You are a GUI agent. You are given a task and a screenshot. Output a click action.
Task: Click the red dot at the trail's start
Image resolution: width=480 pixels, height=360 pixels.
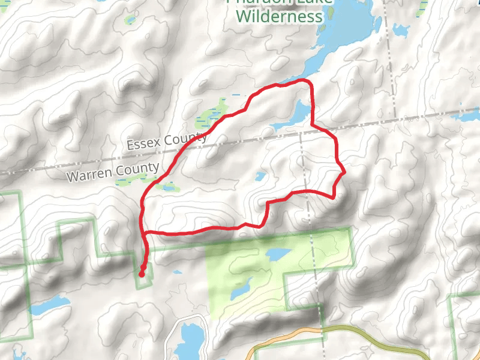point(142,274)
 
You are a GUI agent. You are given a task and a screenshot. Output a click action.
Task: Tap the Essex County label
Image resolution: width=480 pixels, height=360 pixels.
point(167,142)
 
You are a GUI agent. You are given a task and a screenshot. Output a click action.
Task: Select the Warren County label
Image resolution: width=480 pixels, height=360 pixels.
point(113,172)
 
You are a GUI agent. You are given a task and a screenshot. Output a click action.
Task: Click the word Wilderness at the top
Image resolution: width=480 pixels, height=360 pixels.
point(280,16)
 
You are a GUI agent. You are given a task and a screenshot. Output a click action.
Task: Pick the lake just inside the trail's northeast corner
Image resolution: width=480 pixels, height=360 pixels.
point(297,115)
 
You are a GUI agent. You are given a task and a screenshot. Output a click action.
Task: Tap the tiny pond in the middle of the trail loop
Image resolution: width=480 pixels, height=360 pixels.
point(260,177)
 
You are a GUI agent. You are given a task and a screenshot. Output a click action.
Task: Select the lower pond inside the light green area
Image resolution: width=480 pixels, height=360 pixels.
point(239,290)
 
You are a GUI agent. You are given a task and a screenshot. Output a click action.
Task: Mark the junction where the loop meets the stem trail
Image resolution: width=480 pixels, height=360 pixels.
point(143,232)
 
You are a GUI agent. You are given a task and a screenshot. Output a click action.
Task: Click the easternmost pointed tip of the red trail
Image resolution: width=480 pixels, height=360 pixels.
point(345,173)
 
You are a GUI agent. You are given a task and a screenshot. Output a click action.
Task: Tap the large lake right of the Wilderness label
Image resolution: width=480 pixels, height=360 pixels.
point(348,30)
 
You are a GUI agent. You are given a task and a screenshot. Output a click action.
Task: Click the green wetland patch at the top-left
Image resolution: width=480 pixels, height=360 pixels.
point(130,20)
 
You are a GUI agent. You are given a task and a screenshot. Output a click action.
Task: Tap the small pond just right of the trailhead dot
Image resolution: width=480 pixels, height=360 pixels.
point(178,273)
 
